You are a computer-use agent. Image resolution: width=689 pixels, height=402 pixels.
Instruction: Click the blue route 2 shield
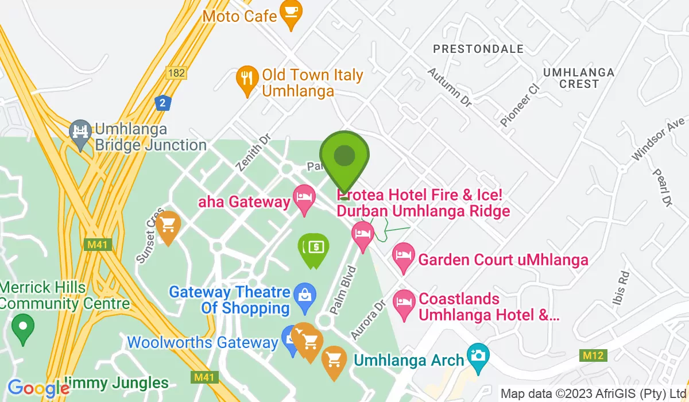click(164, 103)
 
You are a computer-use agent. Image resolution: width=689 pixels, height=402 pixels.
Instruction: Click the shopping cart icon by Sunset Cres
click(168, 225)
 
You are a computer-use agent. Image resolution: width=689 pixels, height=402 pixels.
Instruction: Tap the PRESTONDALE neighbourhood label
click(478, 49)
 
